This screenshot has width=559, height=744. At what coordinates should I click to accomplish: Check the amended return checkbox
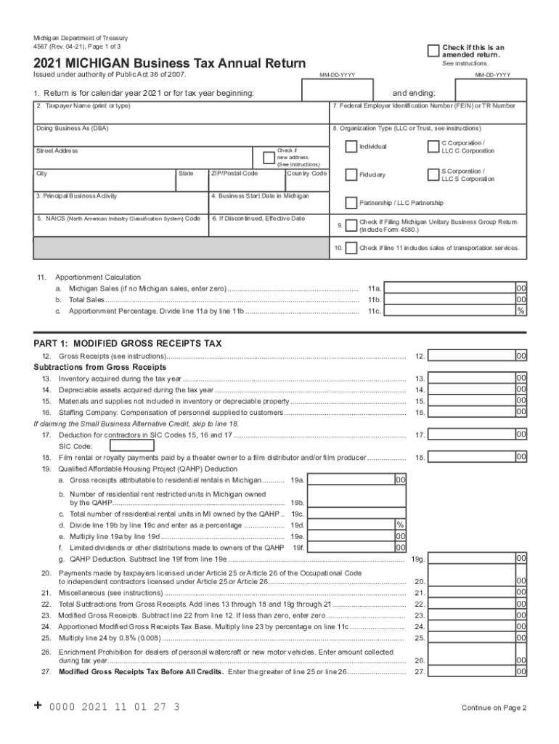pyautogui.click(x=433, y=50)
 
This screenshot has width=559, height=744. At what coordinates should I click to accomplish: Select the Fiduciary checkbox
pyautogui.click(x=351, y=175)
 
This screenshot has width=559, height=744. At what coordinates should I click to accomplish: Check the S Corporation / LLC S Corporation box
pyautogui.click(x=433, y=175)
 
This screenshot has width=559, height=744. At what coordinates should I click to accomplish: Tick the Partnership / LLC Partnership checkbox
pyautogui.click(x=351, y=203)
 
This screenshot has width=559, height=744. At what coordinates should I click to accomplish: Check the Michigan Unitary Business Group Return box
pyautogui.click(x=351, y=225)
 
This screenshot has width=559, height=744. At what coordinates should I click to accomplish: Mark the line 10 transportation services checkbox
pyautogui.click(x=351, y=248)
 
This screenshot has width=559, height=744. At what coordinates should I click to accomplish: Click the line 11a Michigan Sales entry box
pyautogui.click(x=450, y=288)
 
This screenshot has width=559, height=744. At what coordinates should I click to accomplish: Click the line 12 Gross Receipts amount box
pyautogui.click(x=472, y=356)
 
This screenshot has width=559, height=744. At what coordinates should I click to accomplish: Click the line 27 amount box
pyautogui.click(x=472, y=672)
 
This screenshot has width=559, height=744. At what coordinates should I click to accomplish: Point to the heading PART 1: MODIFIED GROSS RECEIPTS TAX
pyautogui.click(x=128, y=343)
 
